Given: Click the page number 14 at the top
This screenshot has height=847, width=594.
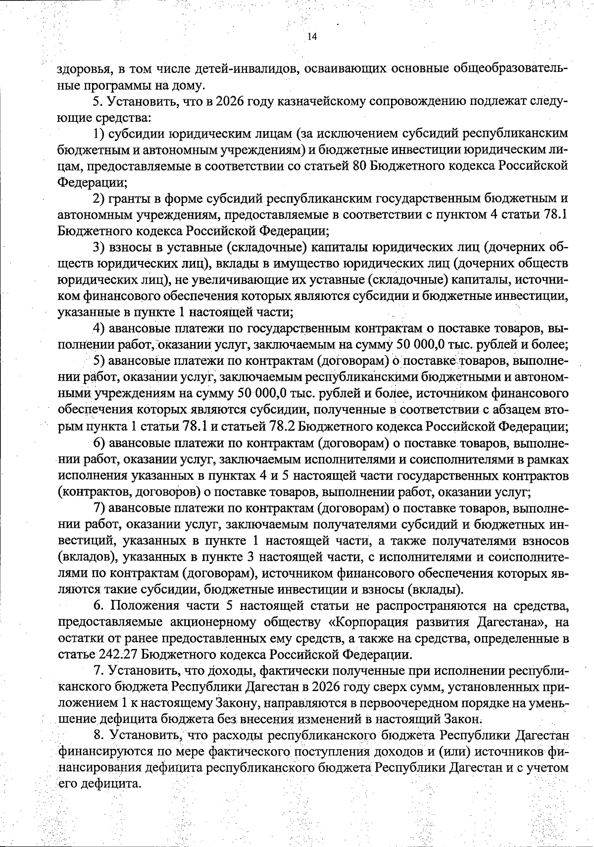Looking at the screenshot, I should [312, 37].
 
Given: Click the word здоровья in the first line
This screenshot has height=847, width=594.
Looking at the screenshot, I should [82, 69].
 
